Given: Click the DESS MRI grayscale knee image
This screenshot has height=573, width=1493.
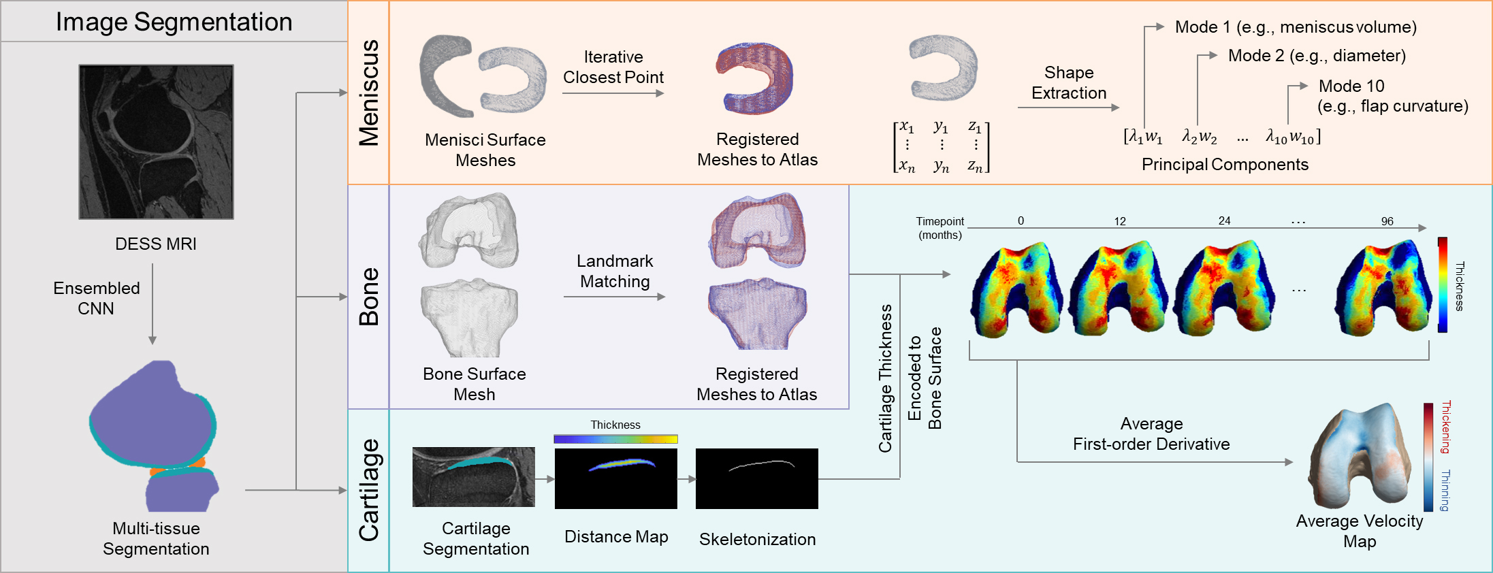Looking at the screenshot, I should click(156, 142).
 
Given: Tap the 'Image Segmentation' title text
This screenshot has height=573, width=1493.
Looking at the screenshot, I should click(174, 22).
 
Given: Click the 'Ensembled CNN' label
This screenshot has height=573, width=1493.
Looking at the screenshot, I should click(96, 298).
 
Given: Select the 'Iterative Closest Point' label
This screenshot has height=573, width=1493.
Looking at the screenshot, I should click(613, 67).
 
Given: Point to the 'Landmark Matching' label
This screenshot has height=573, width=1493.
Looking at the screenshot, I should click(615, 271).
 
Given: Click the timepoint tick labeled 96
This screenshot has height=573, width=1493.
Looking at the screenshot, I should click(1387, 221).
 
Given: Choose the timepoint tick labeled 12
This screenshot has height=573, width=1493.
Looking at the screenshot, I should click(1120, 221).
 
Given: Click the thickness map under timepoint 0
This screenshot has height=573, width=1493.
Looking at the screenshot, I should click(1018, 289).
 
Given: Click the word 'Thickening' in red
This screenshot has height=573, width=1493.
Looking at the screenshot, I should click(1446, 427).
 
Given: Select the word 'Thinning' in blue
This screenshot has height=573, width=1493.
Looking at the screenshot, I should click(1446, 490).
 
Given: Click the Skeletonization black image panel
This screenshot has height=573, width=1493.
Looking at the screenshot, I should click(756, 478).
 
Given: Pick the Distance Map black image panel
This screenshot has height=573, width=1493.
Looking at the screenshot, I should click(615, 478).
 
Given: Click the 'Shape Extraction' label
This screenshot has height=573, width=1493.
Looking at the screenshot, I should click(1069, 82).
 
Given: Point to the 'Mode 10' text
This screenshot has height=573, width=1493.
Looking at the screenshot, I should click(1351, 86).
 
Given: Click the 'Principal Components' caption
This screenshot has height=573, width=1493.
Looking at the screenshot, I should click(1225, 164).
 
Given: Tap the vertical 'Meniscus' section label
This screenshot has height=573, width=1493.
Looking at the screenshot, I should click(369, 93).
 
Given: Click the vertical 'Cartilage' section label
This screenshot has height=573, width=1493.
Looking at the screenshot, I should click(369, 490).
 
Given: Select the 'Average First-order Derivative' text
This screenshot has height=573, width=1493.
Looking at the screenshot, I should click(1151, 433).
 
